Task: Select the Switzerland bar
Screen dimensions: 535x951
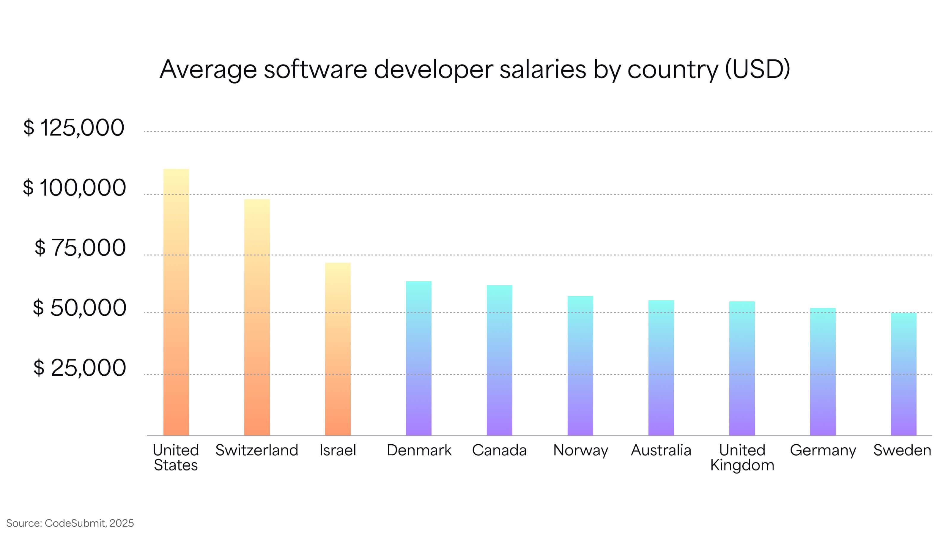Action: [257, 317]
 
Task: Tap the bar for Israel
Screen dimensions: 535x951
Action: [338, 349]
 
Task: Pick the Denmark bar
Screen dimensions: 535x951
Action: [419, 358]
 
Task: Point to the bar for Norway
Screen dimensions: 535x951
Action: [580, 366]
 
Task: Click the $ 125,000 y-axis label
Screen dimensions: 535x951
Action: [74, 128]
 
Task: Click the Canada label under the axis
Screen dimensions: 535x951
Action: [499, 450]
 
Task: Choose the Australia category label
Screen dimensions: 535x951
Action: [661, 450]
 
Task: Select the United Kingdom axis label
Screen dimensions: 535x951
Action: [742, 457]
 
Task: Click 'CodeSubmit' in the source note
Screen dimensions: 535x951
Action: [75, 523]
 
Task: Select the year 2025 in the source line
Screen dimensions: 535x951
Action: [122, 523]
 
